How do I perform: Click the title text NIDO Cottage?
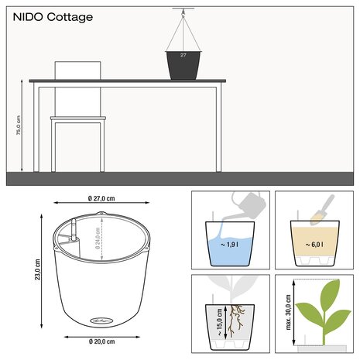coord(49,16)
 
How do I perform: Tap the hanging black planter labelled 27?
coord(183,64)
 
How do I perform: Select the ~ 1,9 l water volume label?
coord(230,245)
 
